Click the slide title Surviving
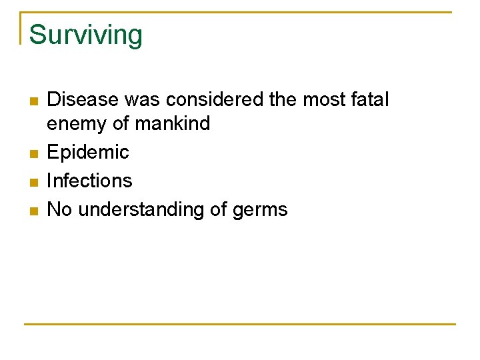85,35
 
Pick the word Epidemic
88,153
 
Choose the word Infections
89,181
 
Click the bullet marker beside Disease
33,101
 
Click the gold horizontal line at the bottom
240,324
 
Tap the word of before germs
219,209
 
